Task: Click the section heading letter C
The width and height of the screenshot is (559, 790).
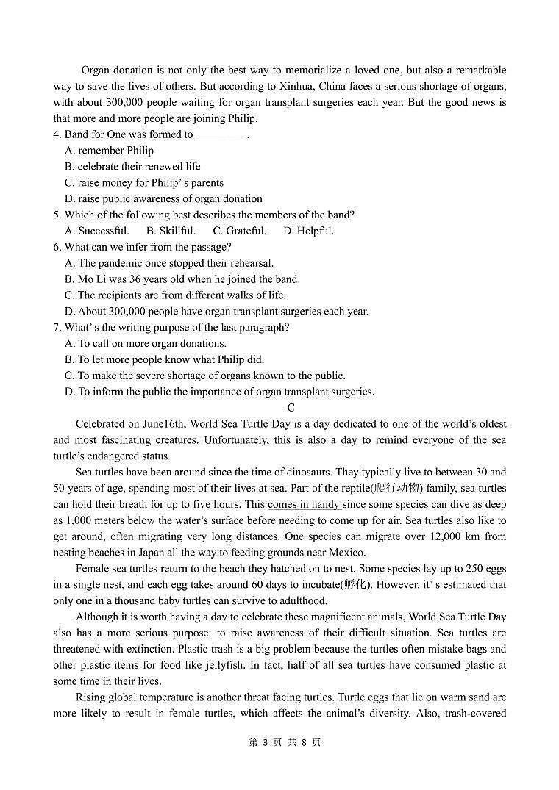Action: [x=291, y=408]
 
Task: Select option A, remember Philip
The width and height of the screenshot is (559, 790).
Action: [x=109, y=151]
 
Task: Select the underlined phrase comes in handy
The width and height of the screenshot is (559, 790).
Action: [x=303, y=504]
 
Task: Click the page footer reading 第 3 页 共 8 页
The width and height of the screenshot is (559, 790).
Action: [x=285, y=742]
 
